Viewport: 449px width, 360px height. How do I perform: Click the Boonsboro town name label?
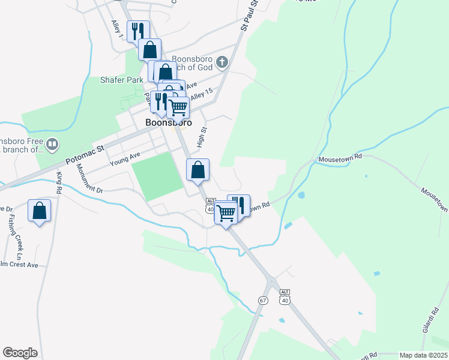pos(169,122)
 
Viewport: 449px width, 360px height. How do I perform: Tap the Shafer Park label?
pos(122,79)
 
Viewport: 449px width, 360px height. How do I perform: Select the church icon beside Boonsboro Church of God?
pos(222,62)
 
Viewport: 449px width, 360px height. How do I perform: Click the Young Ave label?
pos(125,159)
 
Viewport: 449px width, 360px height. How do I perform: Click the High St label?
pos(202,137)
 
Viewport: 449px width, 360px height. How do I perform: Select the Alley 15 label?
pos(202,94)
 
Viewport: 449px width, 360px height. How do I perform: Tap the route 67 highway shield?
pos(263,300)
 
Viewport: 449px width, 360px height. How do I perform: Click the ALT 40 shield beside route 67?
pos(285,296)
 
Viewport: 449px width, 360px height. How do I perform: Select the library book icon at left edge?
pos(52,144)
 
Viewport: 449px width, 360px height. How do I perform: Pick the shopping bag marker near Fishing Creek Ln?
pos(39,211)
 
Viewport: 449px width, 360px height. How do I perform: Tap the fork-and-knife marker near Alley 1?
pos(138,31)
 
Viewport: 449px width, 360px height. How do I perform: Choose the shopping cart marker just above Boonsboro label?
pos(178,107)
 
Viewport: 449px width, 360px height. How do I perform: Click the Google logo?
pos(20,353)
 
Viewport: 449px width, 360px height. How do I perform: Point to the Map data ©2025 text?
pos(423,355)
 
